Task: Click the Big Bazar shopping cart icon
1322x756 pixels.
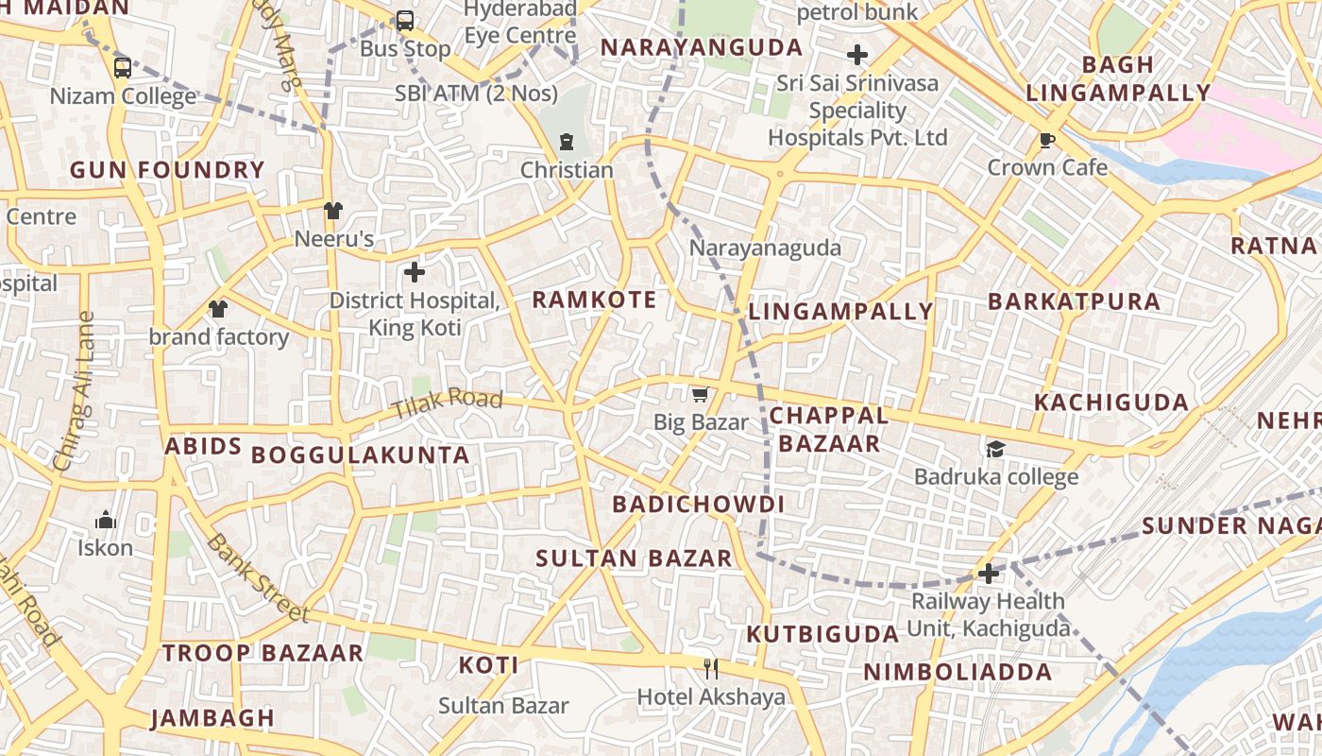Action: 700,395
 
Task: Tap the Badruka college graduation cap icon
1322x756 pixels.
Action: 995,449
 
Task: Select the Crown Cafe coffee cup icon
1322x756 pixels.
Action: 1046,141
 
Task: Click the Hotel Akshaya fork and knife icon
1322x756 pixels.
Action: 711,669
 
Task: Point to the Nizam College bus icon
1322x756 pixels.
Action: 123,68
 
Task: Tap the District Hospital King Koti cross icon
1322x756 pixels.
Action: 414,273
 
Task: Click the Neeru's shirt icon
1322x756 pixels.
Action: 332,211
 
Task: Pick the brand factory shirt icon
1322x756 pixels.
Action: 218,309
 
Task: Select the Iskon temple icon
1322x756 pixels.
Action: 105,520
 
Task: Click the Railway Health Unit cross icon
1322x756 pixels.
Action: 988,574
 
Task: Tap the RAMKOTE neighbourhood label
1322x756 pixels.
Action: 594,301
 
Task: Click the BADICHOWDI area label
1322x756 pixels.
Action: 698,505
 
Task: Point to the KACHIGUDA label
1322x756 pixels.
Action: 1110,403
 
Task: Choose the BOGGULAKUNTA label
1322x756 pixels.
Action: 360,455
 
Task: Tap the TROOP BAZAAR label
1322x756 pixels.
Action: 263,653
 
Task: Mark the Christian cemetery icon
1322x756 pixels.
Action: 566,143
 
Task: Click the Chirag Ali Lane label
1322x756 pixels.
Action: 76,391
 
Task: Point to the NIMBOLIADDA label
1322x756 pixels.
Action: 958,673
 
